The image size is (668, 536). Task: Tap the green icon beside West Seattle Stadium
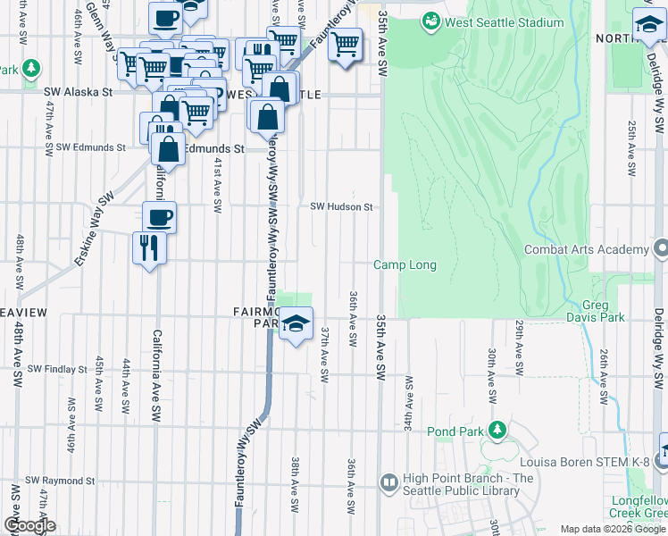[x=432, y=20]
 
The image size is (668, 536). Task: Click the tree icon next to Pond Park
[x=497, y=431]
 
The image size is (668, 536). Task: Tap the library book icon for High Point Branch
[x=388, y=483]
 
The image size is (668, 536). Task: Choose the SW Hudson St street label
[x=340, y=206]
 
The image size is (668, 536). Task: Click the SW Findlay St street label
[x=58, y=368]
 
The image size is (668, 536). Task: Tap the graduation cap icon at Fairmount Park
[x=296, y=323]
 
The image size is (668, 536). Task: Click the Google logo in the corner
[x=29, y=525]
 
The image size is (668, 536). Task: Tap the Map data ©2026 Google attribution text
[x=612, y=529]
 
